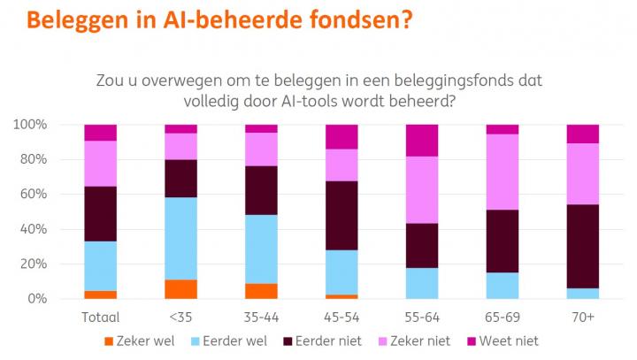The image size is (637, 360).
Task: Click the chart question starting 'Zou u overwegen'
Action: point(318,91)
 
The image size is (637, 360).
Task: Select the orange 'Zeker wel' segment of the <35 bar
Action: point(180,289)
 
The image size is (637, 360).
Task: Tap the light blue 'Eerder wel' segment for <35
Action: point(180,238)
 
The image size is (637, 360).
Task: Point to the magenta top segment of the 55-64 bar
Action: point(422,140)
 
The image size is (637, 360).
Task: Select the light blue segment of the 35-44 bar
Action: point(261,249)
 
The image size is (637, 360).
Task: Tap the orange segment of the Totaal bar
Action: point(101,295)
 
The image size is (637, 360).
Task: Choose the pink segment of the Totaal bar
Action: point(101,163)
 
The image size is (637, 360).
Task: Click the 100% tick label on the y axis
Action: point(34,125)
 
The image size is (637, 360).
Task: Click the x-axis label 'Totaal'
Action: point(101,315)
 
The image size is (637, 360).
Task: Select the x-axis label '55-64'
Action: point(422,315)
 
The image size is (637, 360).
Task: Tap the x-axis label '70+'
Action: point(582,315)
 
